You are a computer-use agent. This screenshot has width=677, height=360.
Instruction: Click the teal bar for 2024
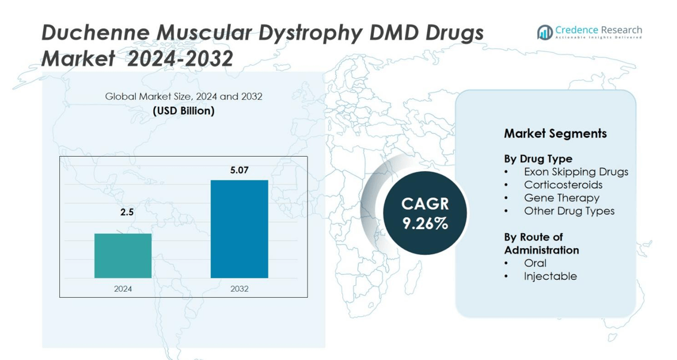pos(123,255)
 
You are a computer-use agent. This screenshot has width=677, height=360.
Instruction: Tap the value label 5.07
pos(239,170)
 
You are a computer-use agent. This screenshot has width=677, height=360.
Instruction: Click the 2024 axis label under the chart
pos(123,289)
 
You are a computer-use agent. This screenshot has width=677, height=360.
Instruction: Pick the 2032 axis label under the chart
pos(239,289)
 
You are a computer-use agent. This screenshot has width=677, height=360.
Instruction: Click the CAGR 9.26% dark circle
pos(425,213)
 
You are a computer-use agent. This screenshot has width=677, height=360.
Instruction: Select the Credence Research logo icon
pos(545,32)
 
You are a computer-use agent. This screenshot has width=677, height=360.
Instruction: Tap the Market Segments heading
pos(555,133)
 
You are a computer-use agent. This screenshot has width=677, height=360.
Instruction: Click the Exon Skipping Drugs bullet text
pos(576,172)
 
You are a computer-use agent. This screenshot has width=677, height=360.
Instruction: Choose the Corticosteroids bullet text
pos(563,185)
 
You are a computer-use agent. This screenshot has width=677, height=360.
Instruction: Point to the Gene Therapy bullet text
pos(562,198)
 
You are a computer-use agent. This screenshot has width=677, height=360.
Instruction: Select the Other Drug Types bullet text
pos(569,211)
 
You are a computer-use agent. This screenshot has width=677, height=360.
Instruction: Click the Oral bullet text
pos(535,263)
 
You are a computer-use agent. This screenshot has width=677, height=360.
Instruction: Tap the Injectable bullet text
pos(550,276)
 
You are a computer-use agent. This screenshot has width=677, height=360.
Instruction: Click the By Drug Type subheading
pos(538,159)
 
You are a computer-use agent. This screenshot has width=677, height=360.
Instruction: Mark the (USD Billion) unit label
pos(184,111)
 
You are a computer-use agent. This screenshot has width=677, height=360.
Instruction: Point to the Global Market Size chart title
pos(184,96)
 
